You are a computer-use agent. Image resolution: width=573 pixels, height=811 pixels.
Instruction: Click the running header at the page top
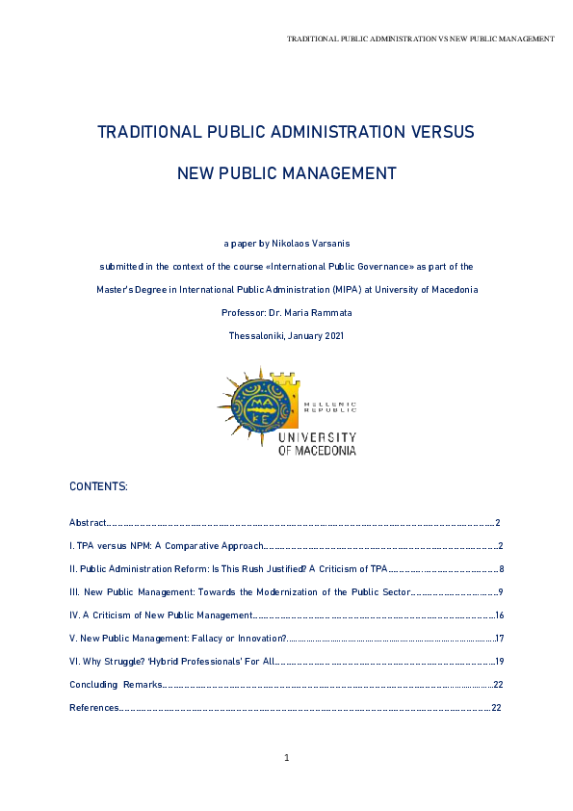421,39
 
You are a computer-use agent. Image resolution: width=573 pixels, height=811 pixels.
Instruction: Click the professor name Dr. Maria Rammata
309,313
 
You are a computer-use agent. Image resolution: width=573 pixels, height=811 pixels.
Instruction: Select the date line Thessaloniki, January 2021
286,336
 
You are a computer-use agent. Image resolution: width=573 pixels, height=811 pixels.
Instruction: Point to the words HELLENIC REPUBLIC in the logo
330,407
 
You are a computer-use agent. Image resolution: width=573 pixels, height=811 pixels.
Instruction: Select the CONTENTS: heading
98,487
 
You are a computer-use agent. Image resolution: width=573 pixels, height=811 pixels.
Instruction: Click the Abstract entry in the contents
88,523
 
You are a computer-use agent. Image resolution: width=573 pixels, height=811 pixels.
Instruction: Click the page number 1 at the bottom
287,759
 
